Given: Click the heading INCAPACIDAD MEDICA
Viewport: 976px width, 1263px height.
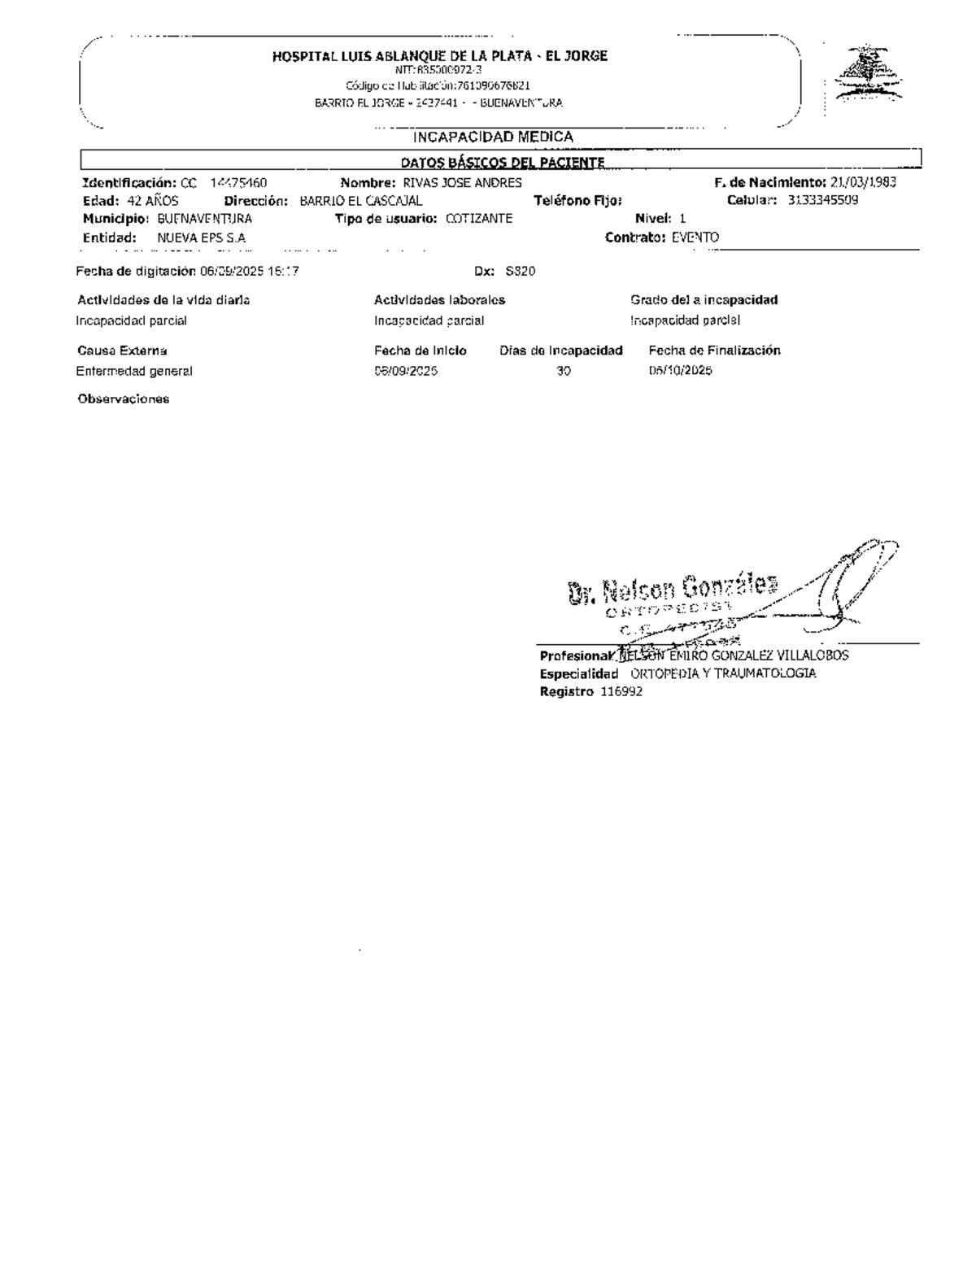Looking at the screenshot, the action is pyautogui.click(x=493, y=137).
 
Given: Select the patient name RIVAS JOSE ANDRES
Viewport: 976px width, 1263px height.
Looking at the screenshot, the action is pyautogui.click(x=463, y=183).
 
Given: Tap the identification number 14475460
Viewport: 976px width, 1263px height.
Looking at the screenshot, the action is pyautogui.click(x=239, y=183).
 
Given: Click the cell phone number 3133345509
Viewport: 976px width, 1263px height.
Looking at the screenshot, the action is pyautogui.click(x=822, y=201).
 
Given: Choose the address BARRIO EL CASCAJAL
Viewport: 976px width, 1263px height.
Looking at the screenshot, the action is pyautogui.click(x=361, y=201).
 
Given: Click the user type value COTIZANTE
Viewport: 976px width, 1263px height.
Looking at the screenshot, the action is pyautogui.click(x=479, y=219).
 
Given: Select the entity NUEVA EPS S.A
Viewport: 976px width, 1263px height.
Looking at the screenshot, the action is pyautogui.click(x=202, y=238).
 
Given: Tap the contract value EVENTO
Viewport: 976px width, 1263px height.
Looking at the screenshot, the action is pyautogui.click(x=695, y=237).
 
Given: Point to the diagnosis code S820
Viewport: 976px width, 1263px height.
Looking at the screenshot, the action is pyautogui.click(x=521, y=272).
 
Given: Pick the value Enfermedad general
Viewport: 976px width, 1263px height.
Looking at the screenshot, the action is pyautogui.click(x=134, y=372).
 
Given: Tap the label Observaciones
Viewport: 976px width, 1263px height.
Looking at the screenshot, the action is pyautogui.click(x=124, y=399).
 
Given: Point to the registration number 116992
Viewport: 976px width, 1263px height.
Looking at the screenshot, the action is pyautogui.click(x=622, y=692).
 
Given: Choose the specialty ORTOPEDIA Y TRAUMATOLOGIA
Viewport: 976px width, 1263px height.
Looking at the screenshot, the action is pyautogui.click(x=724, y=673).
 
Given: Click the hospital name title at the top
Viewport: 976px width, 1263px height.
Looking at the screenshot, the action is pyautogui.click(x=439, y=56).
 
